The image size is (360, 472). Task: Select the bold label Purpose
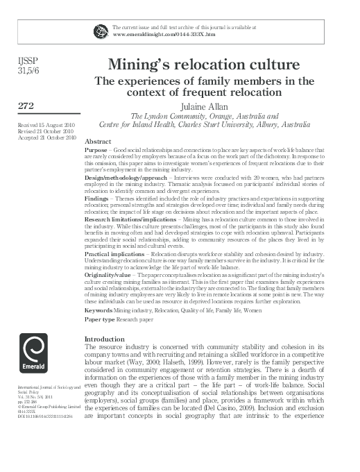coord(95,150)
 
